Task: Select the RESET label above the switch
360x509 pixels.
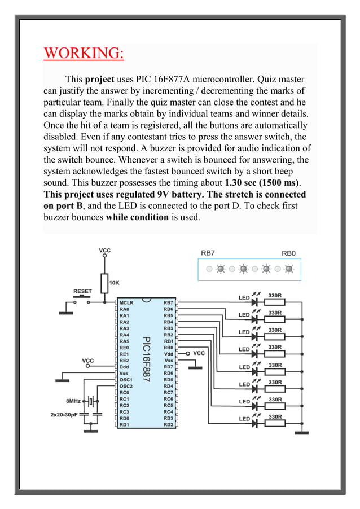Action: pyautogui.click(x=82, y=291)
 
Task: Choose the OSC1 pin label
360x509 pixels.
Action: pyautogui.click(x=126, y=380)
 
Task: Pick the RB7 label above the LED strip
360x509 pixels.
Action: pyautogui.click(x=208, y=253)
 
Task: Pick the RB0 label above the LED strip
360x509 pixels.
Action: pyautogui.click(x=288, y=253)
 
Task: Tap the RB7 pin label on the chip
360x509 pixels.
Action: pyautogui.click(x=168, y=303)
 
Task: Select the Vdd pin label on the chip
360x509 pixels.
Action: pyautogui.click(x=168, y=354)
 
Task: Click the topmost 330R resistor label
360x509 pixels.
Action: pyautogui.click(x=275, y=295)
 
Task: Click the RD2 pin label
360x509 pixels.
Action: pyautogui.click(x=168, y=424)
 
